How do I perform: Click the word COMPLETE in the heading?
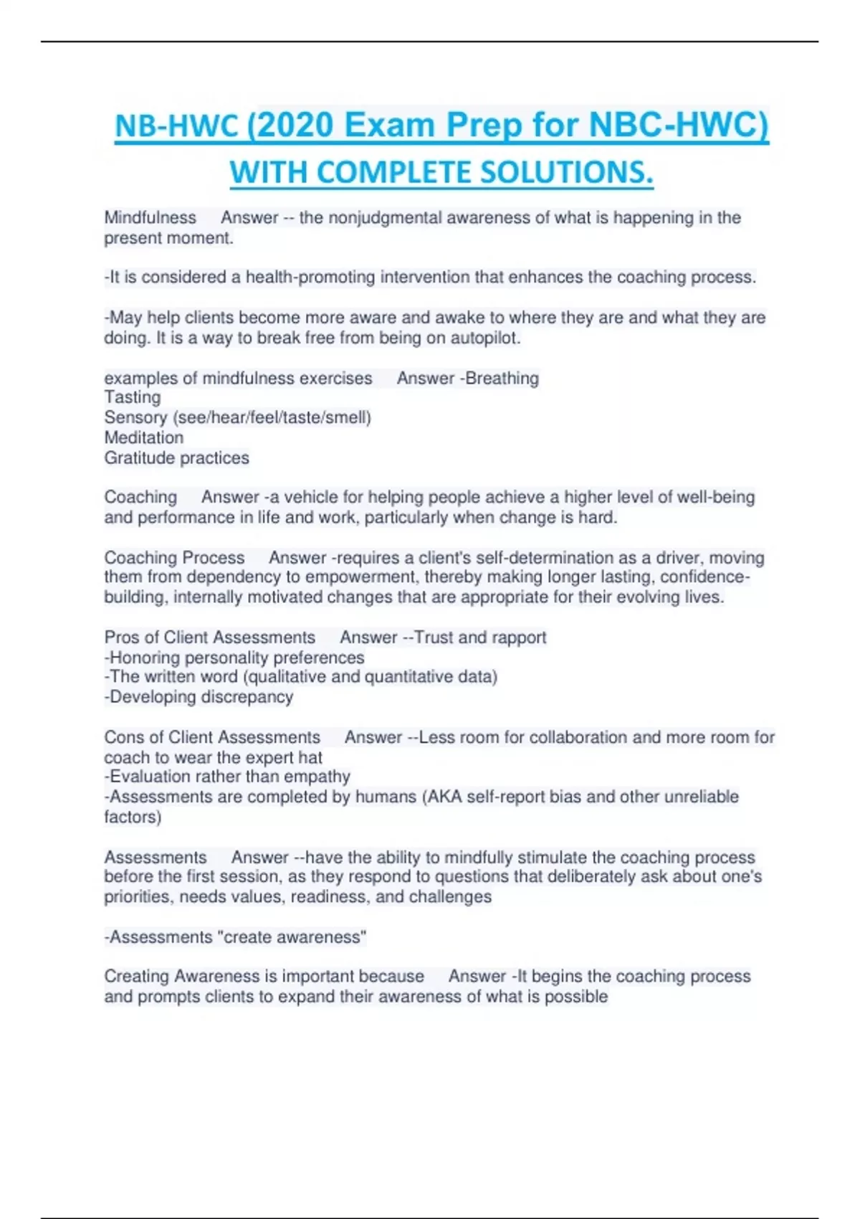(x=394, y=173)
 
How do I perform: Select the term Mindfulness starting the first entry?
(x=150, y=218)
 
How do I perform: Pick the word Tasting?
(x=133, y=397)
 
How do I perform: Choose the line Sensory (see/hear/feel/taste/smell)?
(x=237, y=417)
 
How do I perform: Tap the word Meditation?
(x=143, y=437)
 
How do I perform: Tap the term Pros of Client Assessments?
(x=209, y=637)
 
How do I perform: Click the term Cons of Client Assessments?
(x=212, y=737)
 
